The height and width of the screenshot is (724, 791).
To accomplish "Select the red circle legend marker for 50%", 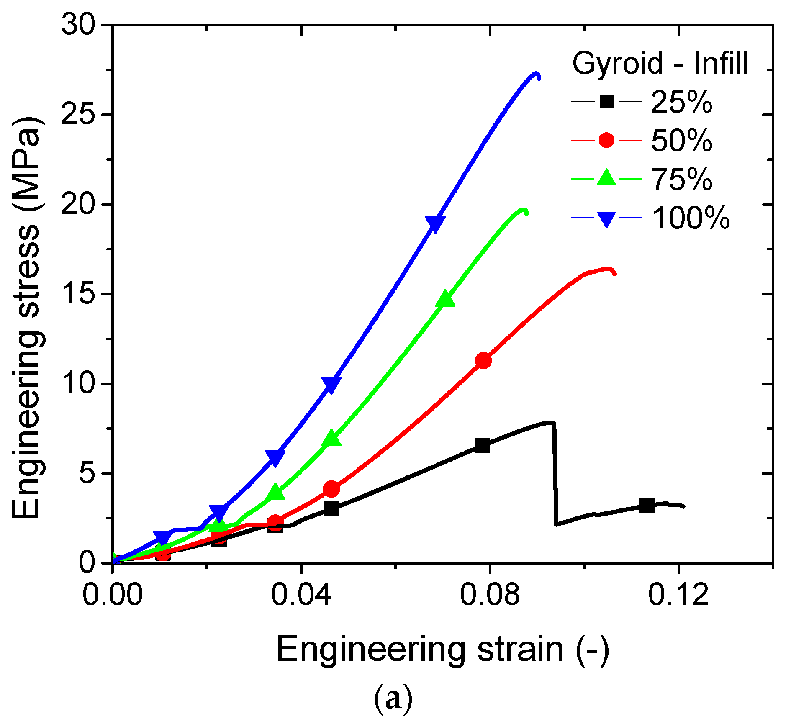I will tap(606, 140).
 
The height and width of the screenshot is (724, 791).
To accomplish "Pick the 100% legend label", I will tap(691, 218).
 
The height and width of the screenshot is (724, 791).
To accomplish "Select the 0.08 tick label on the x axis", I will tap(489, 594).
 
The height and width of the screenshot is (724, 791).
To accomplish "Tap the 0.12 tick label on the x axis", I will tap(678, 594).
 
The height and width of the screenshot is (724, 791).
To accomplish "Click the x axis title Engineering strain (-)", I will tap(442, 649).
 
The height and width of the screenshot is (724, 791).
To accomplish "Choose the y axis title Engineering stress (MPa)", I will tap(26, 318).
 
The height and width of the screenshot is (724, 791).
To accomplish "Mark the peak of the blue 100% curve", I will tap(535, 74).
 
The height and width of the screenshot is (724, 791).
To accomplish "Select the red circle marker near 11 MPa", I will tap(483, 361).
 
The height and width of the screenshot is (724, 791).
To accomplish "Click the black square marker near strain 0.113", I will tap(647, 506).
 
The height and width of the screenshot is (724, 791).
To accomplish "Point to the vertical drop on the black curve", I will tap(555, 473).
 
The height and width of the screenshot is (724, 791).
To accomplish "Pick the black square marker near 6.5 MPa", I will tap(482, 446).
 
